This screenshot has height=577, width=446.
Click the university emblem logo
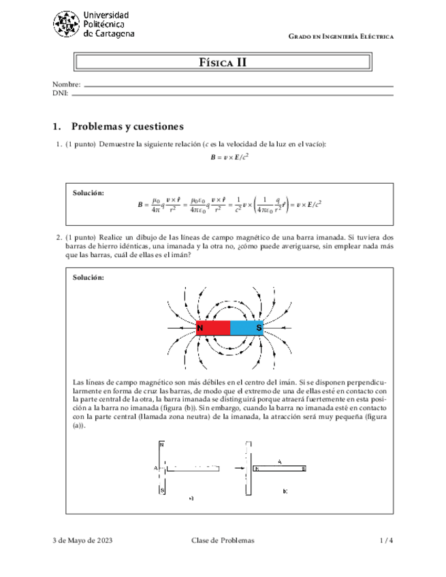(66, 24)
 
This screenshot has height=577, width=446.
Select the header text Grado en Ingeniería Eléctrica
(341, 36)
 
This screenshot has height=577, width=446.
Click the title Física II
(223, 63)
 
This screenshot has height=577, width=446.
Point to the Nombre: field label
(66, 85)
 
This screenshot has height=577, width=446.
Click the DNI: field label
(60, 93)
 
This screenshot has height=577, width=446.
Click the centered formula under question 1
(229, 157)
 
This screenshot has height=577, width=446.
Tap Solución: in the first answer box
(89, 193)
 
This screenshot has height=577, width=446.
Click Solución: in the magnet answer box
(89, 278)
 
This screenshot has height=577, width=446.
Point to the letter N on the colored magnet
(200, 329)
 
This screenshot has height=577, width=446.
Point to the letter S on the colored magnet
(259, 329)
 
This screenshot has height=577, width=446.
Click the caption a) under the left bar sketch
(191, 498)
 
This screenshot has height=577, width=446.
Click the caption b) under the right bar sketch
(285, 491)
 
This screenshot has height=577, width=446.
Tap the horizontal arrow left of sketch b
(238, 468)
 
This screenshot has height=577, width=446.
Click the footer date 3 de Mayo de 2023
(82, 540)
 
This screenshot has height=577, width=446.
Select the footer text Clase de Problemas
(223, 540)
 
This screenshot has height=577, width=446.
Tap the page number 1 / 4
(386, 540)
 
